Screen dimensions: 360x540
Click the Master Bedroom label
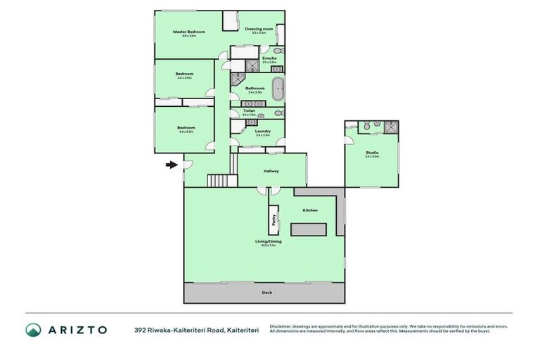tap(189, 32)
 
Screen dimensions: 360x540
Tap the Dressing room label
tap(255, 30)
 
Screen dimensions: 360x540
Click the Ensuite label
tap(269, 58)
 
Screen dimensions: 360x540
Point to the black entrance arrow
tap(172, 166)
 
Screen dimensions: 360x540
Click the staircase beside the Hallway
tap(219, 181)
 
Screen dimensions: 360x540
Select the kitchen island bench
tap(309, 229)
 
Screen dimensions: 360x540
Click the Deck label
tap(266, 292)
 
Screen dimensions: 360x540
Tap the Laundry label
tap(263, 131)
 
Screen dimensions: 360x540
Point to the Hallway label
tap(271, 171)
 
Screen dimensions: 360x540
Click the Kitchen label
tap(310, 210)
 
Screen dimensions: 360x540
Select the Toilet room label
tap(249, 110)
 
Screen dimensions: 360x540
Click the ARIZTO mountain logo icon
tap(34, 330)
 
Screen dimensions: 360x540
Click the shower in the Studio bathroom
tap(390, 127)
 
